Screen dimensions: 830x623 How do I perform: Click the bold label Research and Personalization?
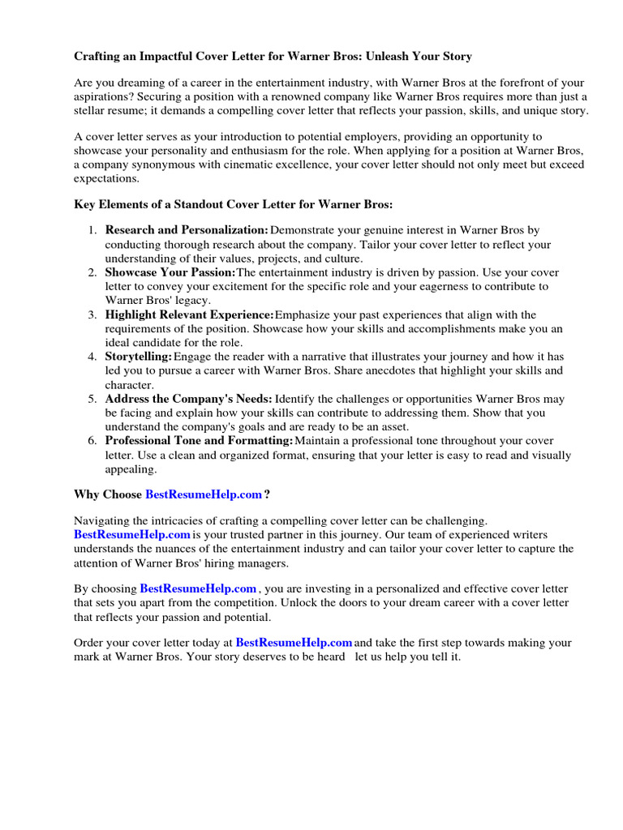(187, 230)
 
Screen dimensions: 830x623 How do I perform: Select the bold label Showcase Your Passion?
(170, 272)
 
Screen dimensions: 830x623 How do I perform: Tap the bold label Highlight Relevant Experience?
(189, 314)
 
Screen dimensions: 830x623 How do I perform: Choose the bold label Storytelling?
(138, 357)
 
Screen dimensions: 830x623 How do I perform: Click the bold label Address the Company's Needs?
(188, 399)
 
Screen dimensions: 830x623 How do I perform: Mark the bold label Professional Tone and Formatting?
(199, 441)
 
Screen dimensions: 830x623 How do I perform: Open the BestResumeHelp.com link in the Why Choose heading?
(204, 494)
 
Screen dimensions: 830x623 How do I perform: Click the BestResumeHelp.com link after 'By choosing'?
(198, 588)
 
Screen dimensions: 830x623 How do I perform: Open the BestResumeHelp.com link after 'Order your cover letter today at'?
(294, 643)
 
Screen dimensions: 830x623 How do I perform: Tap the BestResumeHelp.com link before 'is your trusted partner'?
(132, 535)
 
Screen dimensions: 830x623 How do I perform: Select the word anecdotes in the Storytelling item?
(428, 370)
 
